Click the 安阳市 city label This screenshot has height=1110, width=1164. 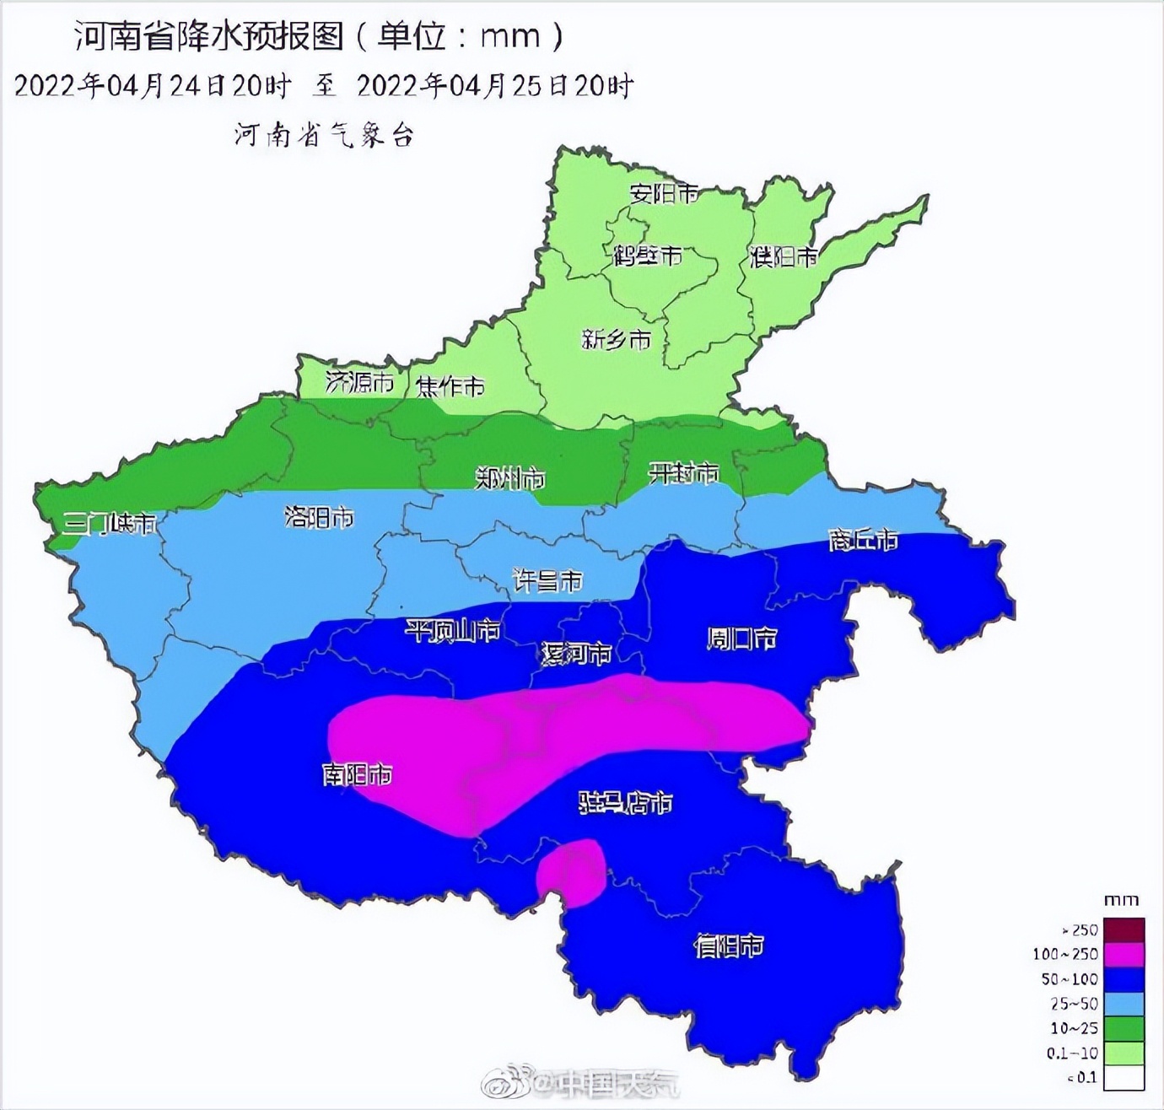click(x=664, y=193)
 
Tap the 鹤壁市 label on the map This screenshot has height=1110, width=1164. click(x=647, y=255)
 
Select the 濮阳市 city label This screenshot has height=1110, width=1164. click(x=784, y=256)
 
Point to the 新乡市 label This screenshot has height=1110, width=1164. click(x=616, y=339)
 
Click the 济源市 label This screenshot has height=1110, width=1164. click(x=359, y=382)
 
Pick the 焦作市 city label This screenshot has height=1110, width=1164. click(x=450, y=386)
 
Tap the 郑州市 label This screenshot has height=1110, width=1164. click(x=510, y=478)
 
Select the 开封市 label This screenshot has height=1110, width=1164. click(x=683, y=472)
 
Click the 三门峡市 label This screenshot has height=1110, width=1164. click(x=110, y=523)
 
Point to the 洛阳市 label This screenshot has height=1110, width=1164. click(x=319, y=517)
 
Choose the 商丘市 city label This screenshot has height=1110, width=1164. click(x=863, y=539)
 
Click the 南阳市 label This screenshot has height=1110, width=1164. click(x=357, y=773)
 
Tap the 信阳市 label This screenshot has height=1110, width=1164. click(x=729, y=946)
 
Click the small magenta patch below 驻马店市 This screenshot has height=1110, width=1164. click(x=572, y=873)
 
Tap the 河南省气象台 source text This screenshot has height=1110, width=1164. click(x=325, y=134)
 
